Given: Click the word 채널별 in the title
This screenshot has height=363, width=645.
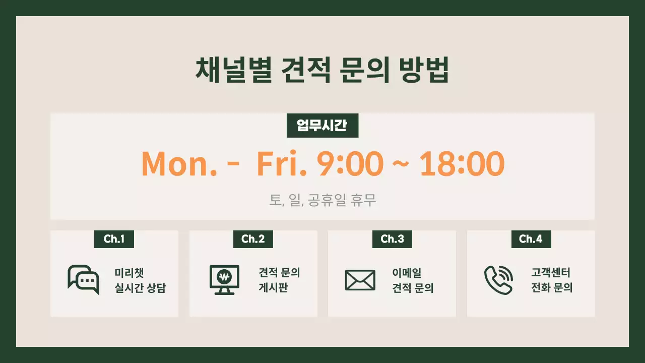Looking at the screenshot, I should click(x=227, y=72).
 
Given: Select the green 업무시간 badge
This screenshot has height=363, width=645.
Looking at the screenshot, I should click(x=322, y=126).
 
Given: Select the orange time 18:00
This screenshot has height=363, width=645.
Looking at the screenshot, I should click(x=462, y=163).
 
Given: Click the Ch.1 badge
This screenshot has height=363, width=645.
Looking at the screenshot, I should click(x=114, y=239).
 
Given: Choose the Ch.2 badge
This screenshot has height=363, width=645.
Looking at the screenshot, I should click(x=253, y=239).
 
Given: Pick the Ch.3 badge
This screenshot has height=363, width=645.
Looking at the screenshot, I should click(x=392, y=239).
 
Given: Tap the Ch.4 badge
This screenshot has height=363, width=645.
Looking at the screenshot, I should click(x=531, y=239).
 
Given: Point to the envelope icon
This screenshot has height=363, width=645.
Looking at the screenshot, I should click(x=360, y=280).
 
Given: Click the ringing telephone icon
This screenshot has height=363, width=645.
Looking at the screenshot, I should click(x=498, y=280).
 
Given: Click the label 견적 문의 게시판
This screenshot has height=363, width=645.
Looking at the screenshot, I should click(x=279, y=281).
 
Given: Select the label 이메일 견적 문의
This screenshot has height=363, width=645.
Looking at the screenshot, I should click(x=413, y=281).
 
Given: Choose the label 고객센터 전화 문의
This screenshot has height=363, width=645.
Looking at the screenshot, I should click(x=551, y=281).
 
